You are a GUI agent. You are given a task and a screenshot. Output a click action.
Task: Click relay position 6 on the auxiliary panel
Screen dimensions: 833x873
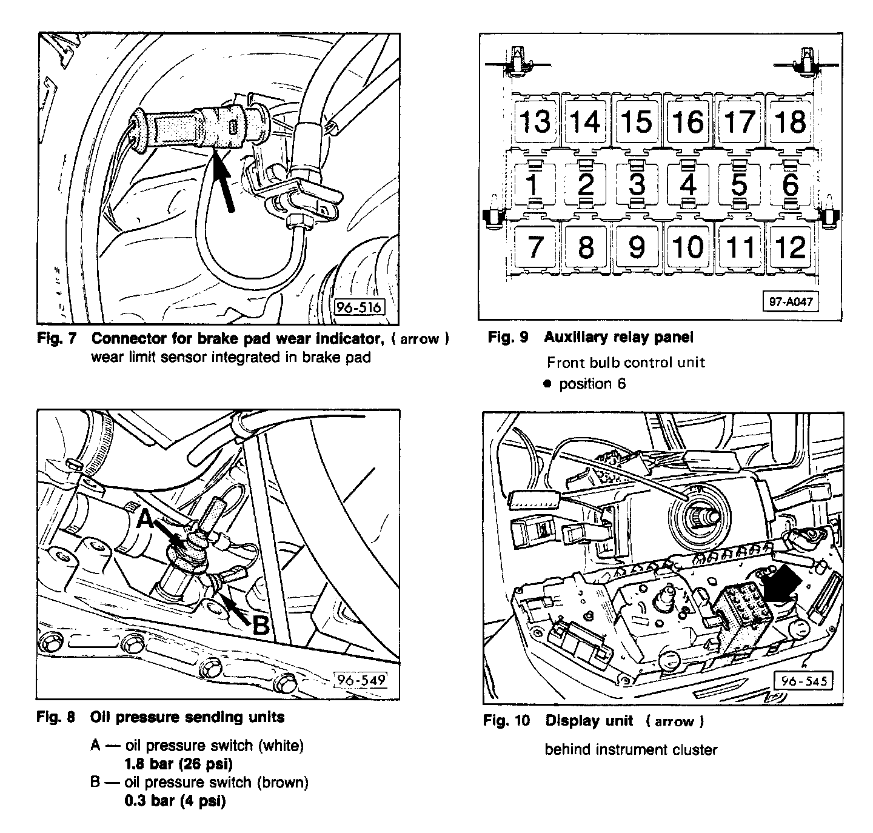[791, 184]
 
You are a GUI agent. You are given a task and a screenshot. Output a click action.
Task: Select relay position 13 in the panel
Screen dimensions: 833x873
[535, 121]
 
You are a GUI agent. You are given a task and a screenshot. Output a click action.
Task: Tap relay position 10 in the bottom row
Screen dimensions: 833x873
[688, 247]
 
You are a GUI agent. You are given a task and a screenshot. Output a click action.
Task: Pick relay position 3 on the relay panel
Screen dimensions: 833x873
[637, 184]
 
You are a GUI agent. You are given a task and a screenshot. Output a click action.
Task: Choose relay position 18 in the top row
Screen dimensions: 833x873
[791, 121]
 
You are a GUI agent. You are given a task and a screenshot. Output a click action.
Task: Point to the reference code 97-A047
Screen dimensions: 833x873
[791, 301]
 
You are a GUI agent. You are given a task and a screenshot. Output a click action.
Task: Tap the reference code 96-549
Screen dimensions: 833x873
[361, 680]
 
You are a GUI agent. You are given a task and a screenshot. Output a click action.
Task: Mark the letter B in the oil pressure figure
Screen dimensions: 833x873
[260, 625]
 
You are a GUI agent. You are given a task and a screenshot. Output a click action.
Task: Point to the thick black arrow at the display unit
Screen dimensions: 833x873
[783, 586]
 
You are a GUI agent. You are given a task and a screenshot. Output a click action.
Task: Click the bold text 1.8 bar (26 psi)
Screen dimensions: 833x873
[178, 764]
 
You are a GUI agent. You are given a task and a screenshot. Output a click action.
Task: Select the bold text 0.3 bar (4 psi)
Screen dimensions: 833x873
[175, 801]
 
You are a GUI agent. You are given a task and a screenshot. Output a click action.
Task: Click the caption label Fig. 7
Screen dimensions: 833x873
[57, 338]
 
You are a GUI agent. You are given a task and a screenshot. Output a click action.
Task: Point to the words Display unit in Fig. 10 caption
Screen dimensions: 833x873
[589, 721]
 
